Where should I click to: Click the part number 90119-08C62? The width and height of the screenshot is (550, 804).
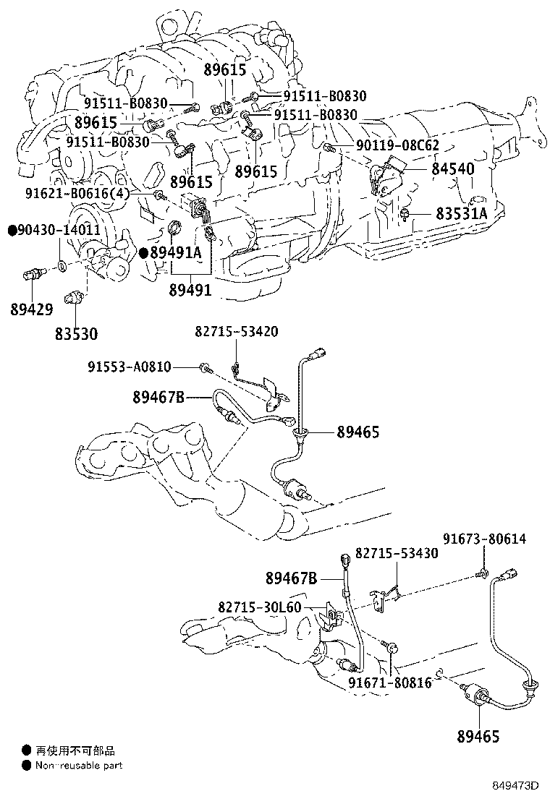(x=397, y=145)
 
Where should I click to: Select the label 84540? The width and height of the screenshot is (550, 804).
(x=452, y=169)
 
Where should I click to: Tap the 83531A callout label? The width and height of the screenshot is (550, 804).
(x=462, y=214)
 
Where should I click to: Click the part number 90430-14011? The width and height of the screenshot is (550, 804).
(x=49, y=230)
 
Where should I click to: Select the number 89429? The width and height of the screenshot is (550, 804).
(x=32, y=309)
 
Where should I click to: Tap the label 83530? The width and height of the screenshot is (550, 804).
(x=76, y=334)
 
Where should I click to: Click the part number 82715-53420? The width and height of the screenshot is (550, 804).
(x=236, y=331)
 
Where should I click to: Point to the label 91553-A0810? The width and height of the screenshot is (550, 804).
(x=129, y=367)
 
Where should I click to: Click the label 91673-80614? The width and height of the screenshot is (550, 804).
(x=483, y=539)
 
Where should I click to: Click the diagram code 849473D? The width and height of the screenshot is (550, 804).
(x=517, y=785)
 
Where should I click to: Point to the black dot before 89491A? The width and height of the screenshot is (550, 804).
(x=144, y=253)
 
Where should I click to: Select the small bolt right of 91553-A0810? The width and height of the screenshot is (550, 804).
(x=206, y=368)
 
